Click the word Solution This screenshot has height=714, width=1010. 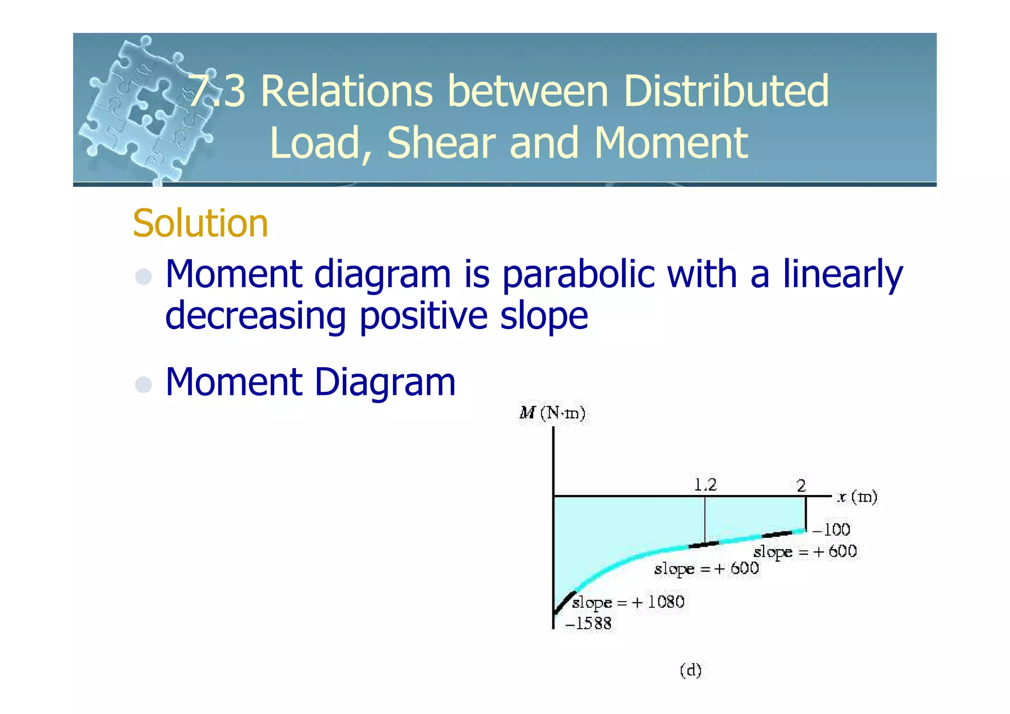click(x=200, y=224)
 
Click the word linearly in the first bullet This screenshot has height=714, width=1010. click(x=843, y=274)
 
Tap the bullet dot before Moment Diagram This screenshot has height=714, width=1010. click(x=144, y=384)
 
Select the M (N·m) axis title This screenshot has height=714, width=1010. click(x=552, y=413)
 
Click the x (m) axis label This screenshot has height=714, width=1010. click(x=857, y=496)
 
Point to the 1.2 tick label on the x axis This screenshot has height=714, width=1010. click(x=705, y=485)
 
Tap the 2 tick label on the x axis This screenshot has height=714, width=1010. click(x=801, y=486)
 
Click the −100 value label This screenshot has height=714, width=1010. click(x=831, y=530)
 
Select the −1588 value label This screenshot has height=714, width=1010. click(x=588, y=624)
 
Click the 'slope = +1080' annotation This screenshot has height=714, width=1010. click(x=628, y=602)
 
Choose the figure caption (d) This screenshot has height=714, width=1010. click(x=690, y=670)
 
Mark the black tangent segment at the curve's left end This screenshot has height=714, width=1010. click(x=565, y=602)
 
